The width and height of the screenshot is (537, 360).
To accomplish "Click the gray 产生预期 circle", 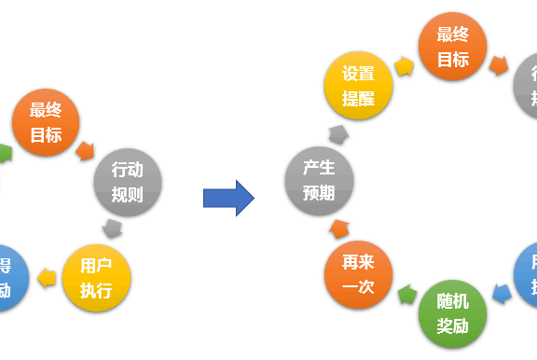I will pyautogui.click(x=319, y=181).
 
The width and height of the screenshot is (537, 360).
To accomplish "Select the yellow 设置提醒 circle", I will pyautogui.click(x=358, y=85).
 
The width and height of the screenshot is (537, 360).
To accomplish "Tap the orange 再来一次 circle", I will pyautogui.click(x=358, y=276).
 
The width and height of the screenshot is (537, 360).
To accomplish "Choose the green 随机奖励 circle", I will pyautogui.click(x=452, y=314).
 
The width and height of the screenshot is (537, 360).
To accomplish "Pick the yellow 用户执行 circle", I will pyautogui.click(x=96, y=278).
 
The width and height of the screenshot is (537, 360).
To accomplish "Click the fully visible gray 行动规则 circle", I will pyautogui.click(x=128, y=181).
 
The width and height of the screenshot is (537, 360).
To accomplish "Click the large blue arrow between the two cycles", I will pyautogui.click(x=229, y=198).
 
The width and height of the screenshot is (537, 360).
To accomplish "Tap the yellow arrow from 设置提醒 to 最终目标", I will pyautogui.click(x=405, y=66).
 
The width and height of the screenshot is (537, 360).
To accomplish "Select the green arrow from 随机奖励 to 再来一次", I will pyautogui.click(x=406, y=297).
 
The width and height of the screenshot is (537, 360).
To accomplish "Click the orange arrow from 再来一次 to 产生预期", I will pyautogui.click(x=338, y=229).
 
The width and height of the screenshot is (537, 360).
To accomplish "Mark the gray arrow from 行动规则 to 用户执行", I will pyautogui.click(x=113, y=229).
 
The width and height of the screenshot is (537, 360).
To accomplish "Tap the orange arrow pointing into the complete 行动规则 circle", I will pyautogui.click(x=87, y=150).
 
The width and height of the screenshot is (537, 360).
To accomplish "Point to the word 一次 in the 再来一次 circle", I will pyautogui.click(x=358, y=288).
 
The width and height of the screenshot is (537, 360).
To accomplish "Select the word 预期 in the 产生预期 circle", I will pyautogui.click(x=319, y=193).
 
